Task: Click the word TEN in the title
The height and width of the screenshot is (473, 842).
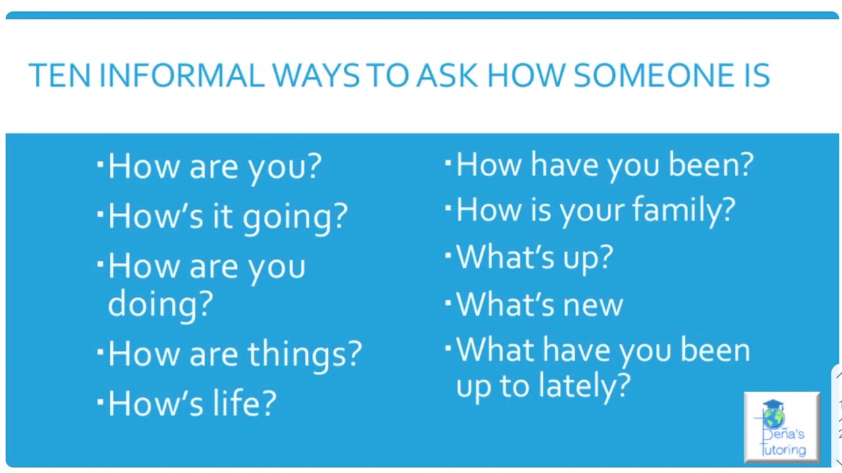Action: pos(59,76)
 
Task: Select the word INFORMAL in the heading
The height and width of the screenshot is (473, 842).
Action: pos(181,76)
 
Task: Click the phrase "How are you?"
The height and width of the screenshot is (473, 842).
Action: pos(214,167)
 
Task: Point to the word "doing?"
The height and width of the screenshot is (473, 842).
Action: pos(160,304)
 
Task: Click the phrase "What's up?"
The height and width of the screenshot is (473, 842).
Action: pos(534,257)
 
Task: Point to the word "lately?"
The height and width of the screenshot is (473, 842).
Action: pos(584,386)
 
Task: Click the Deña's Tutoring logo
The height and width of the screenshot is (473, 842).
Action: pos(781,427)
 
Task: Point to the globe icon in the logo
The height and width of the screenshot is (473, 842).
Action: pos(774,416)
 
